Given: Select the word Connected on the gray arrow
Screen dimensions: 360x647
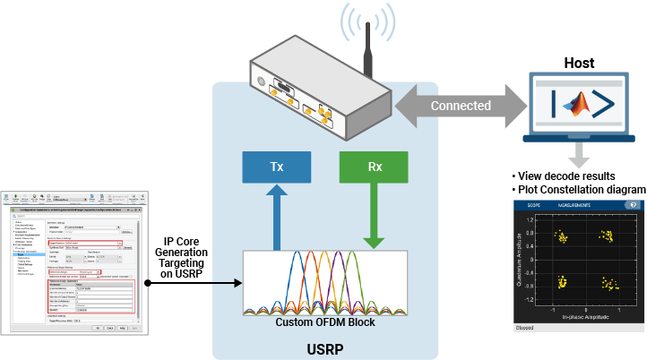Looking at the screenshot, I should click(461, 106).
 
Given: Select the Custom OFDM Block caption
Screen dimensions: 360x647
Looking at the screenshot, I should click(325, 322).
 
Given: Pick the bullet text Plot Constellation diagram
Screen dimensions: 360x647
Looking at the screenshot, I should click(578, 189).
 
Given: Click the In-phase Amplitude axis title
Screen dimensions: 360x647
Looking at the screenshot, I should click(583, 318).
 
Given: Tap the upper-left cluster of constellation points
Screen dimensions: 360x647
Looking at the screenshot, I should click(561, 237).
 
